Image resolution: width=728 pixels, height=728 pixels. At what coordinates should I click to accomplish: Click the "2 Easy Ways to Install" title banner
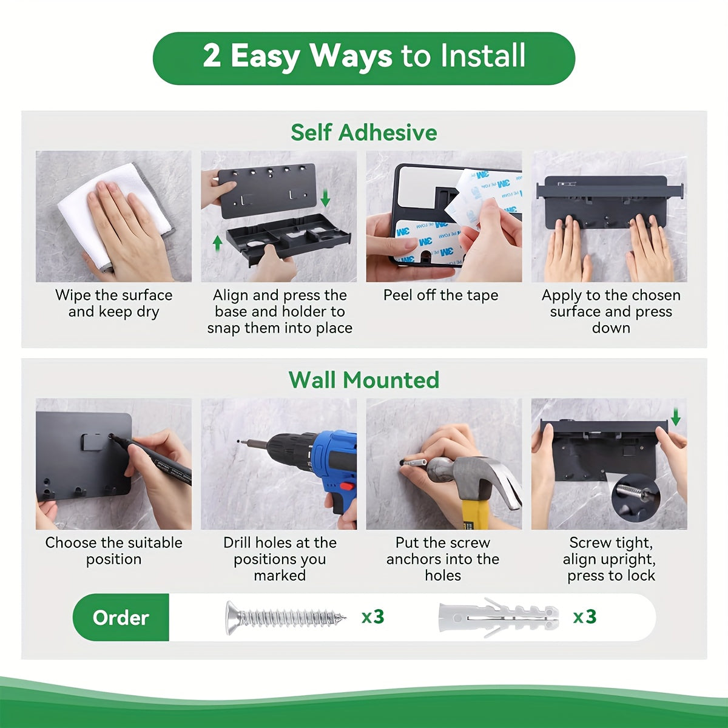364,58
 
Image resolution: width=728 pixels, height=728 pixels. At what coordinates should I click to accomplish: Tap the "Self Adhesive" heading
364,133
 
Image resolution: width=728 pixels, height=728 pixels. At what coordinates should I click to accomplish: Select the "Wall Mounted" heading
364,380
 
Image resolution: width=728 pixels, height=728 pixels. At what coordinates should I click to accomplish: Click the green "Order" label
121,618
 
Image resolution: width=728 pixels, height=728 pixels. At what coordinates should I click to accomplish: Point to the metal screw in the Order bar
285,618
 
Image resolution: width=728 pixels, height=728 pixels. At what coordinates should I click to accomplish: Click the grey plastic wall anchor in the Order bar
499,618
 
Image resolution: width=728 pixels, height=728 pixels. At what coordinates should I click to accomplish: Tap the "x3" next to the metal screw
373,617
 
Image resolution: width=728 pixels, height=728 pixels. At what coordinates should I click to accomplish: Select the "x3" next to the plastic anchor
585,617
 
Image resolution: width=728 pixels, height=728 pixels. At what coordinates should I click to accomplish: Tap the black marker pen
151,460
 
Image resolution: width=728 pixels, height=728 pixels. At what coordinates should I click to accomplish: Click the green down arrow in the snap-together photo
325,198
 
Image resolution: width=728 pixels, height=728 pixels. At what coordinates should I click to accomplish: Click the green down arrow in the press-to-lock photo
676,417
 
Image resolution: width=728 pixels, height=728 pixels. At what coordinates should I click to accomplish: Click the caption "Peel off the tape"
441,295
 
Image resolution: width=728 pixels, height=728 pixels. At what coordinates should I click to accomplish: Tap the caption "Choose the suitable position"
113,551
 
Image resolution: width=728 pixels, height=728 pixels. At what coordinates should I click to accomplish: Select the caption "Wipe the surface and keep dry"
113,303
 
